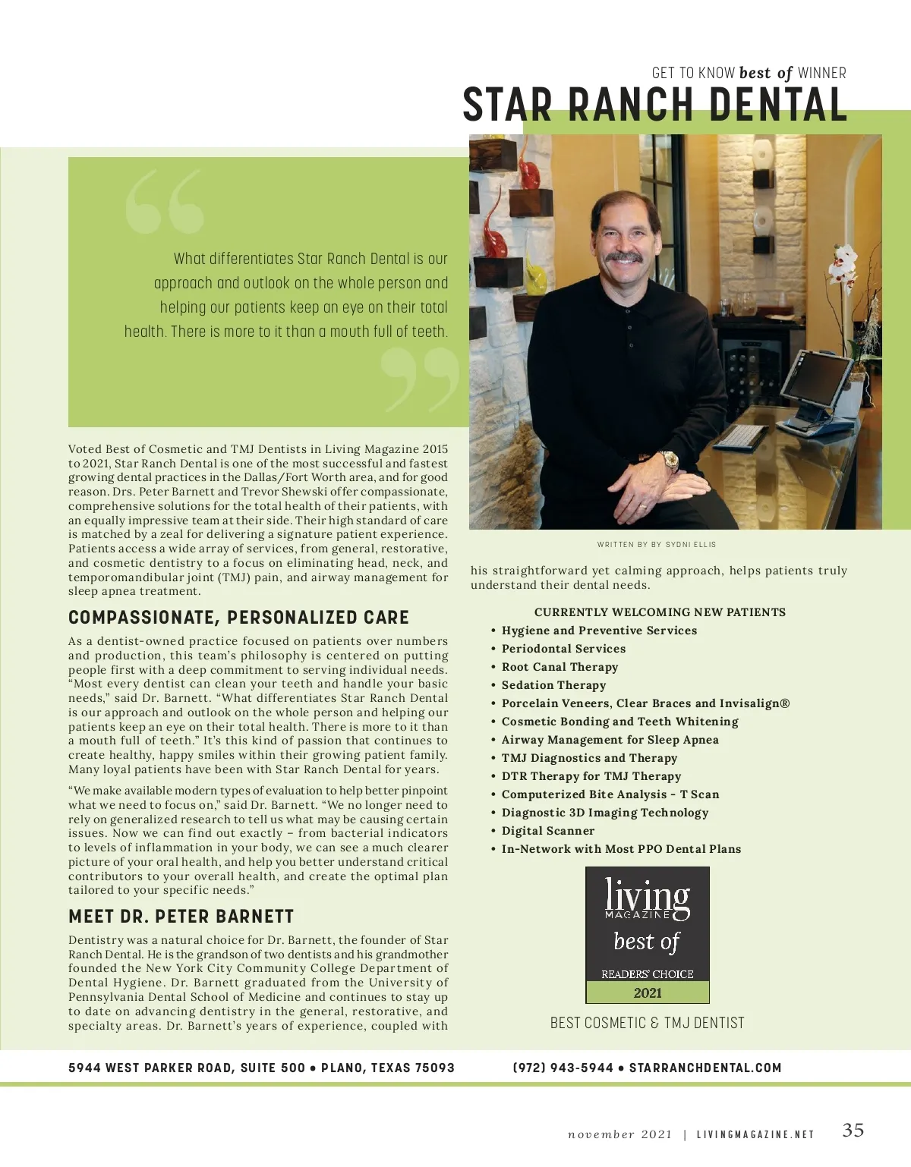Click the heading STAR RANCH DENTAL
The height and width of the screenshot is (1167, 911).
click(654, 105)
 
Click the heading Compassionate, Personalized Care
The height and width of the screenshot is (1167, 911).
click(238, 618)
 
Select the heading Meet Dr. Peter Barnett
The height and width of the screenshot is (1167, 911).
click(181, 917)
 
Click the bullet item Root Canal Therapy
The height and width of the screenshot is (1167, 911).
click(560, 667)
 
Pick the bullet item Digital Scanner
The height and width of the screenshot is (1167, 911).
click(547, 831)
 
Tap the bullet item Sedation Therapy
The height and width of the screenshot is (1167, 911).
click(553, 685)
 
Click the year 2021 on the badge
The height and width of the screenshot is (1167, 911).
click(648, 992)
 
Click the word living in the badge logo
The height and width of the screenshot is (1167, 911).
click(647, 895)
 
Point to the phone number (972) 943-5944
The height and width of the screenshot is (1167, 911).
click(563, 1068)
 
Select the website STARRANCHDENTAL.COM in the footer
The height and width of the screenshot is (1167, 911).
click(705, 1068)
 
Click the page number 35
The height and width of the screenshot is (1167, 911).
click(853, 1130)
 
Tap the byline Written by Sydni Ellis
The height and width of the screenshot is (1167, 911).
click(657, 544)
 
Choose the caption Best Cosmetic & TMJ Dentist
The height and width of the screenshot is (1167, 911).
click(647, 1023)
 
